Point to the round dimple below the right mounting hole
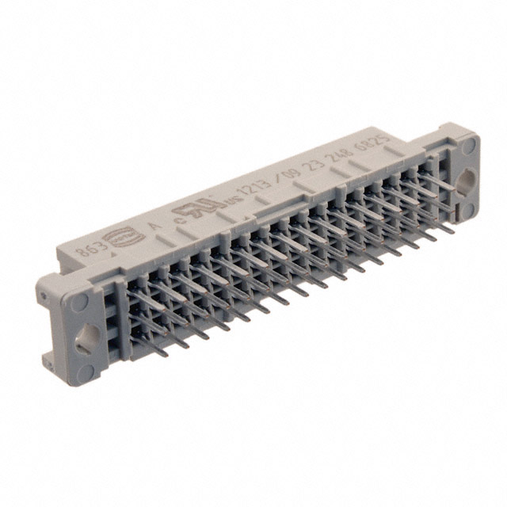pyautogui.click(x=469, y=208)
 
